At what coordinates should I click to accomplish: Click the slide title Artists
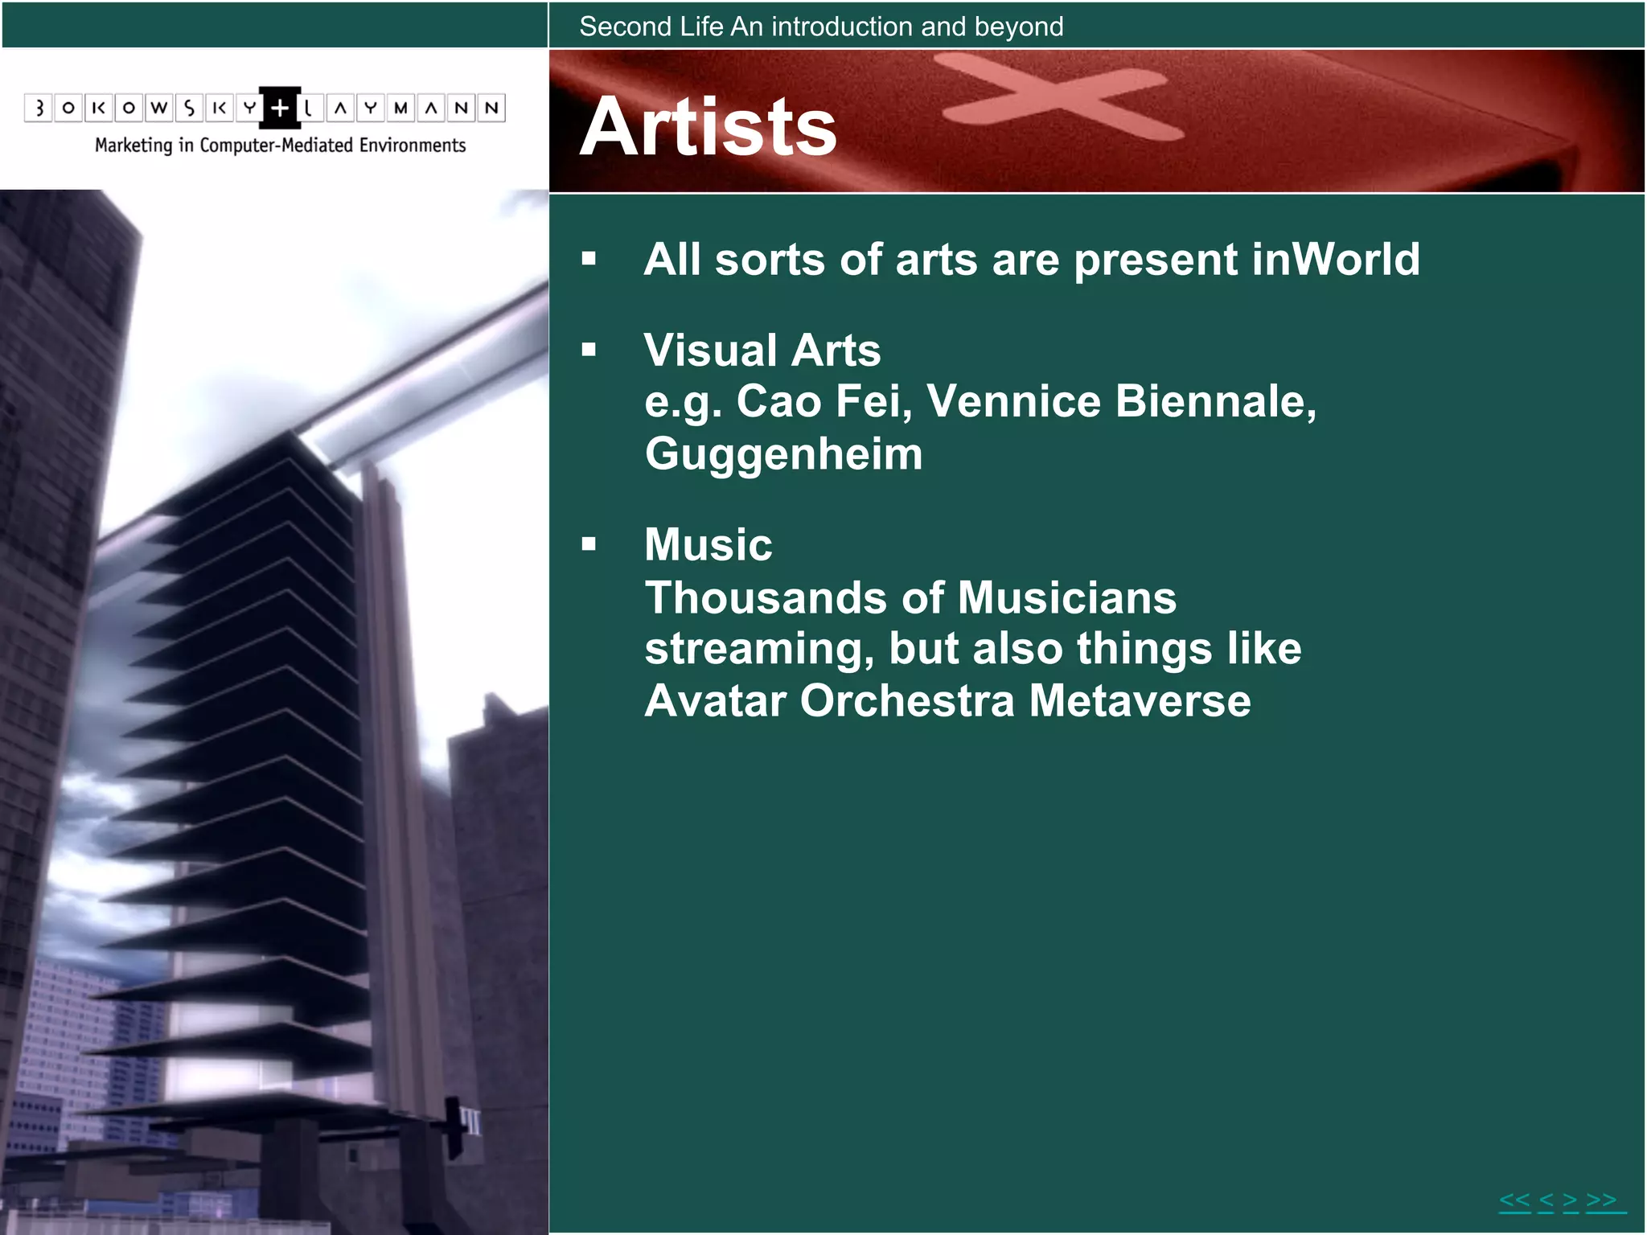[708, 127]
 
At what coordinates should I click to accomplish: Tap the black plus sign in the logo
[280, 108]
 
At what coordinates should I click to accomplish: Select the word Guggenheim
[783, 454]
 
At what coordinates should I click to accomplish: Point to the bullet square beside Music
[589, 544]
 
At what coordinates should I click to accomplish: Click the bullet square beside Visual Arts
[589, 350]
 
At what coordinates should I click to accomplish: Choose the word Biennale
[1214, 401]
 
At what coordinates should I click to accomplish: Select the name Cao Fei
[823, 401]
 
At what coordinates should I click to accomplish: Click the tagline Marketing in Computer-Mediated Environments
[280, 146]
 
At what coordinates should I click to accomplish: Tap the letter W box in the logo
[159, 108]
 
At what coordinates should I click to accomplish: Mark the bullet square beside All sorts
[589, 259]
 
